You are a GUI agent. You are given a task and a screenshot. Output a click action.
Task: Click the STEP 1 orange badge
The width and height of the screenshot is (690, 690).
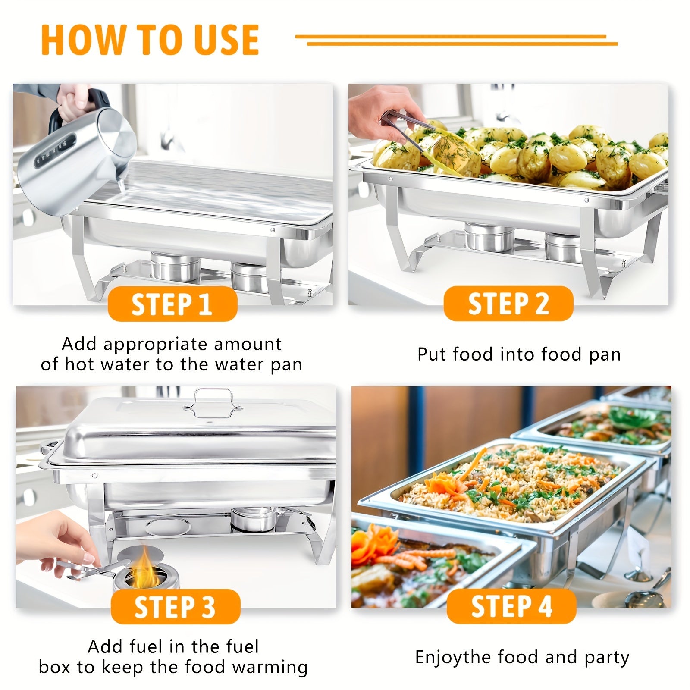[x=172, y=304]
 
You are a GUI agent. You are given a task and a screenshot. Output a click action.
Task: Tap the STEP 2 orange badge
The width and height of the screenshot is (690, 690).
[x=508, y=303]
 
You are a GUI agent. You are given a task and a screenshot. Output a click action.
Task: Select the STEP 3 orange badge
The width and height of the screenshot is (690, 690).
[x=176, y=606]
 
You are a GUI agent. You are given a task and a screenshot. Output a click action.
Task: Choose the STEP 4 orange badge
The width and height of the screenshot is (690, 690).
[x=511, y=606]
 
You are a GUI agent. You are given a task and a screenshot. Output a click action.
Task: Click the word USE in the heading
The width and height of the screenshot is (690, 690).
[x=226, y=40]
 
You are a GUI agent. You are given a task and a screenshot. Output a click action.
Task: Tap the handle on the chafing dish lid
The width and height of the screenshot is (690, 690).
[x=211, y=403]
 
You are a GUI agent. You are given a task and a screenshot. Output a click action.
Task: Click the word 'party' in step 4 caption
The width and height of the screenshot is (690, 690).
[x=607, y=658]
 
